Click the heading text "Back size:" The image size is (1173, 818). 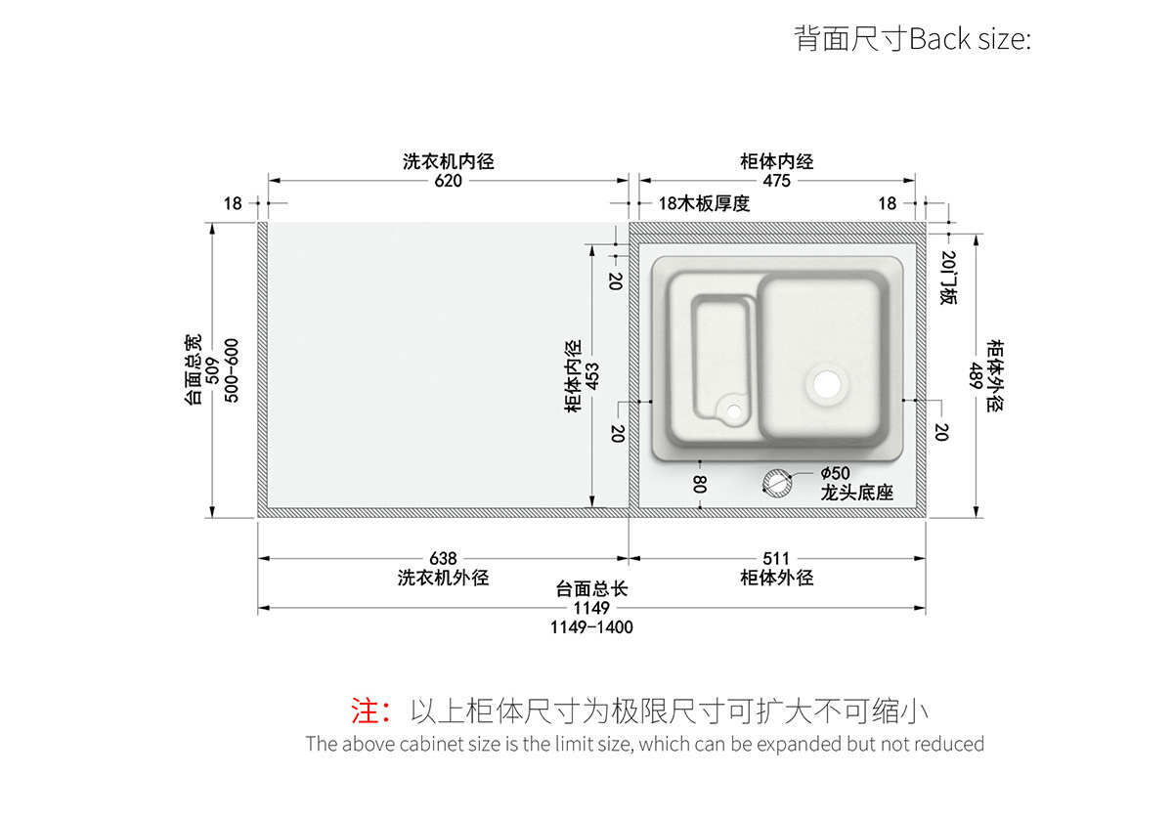click(x=970, y=40)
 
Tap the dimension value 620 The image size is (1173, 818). click(x=448, y=181)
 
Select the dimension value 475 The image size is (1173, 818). click(x=777, y=181)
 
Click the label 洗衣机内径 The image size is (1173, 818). click(x=448, y=161)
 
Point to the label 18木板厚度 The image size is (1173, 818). click(x=704, y=203)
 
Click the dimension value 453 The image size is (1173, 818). click(x=593, y=375)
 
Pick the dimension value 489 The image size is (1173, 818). click(x=976, y=375)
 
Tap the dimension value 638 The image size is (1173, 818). click(x=443, y=559)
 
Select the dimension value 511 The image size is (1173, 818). click(x=776, y=559)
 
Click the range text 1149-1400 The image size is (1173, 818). click(x=591, y=627)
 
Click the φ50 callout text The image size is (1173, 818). click(x=836, y=473)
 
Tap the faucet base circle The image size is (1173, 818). click(x=778, y=482)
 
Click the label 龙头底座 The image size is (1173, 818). click(x=857, y=494)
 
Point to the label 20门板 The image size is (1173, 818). click(x=947, y=277)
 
